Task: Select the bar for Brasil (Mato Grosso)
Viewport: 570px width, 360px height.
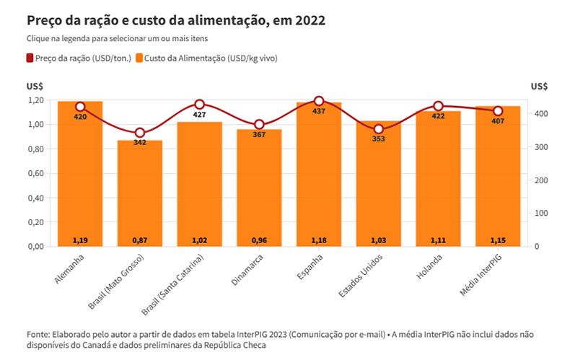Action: tap(140, 195)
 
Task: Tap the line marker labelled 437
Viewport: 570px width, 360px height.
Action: tap(319, 102)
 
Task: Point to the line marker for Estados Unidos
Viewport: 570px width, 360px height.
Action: tap(379, 129)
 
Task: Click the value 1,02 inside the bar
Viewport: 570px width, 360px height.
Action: tap(199, 240)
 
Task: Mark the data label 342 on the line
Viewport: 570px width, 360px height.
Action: tap(140, 143)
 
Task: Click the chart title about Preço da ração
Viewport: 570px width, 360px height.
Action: tap(175, 20)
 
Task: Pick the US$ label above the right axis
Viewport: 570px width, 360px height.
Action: tap(539, 86)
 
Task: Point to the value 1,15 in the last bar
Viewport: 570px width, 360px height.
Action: tap(498, 240)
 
